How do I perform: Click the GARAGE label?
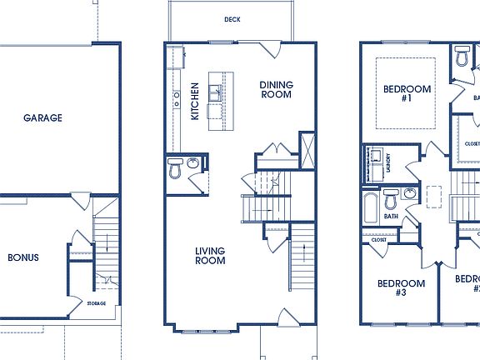42,118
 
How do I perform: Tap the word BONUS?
23,257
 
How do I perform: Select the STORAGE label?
97,303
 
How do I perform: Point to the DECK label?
232,19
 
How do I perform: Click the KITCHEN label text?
195,101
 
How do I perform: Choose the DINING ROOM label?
275,89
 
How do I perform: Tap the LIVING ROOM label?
210,255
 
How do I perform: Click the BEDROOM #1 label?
407,94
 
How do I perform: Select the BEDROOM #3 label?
401,287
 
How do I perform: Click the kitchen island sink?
215,92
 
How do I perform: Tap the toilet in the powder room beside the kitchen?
175,170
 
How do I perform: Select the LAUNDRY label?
388,167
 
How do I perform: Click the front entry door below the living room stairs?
285,318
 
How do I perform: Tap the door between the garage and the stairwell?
81,201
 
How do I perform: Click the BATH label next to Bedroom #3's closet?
391,217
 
